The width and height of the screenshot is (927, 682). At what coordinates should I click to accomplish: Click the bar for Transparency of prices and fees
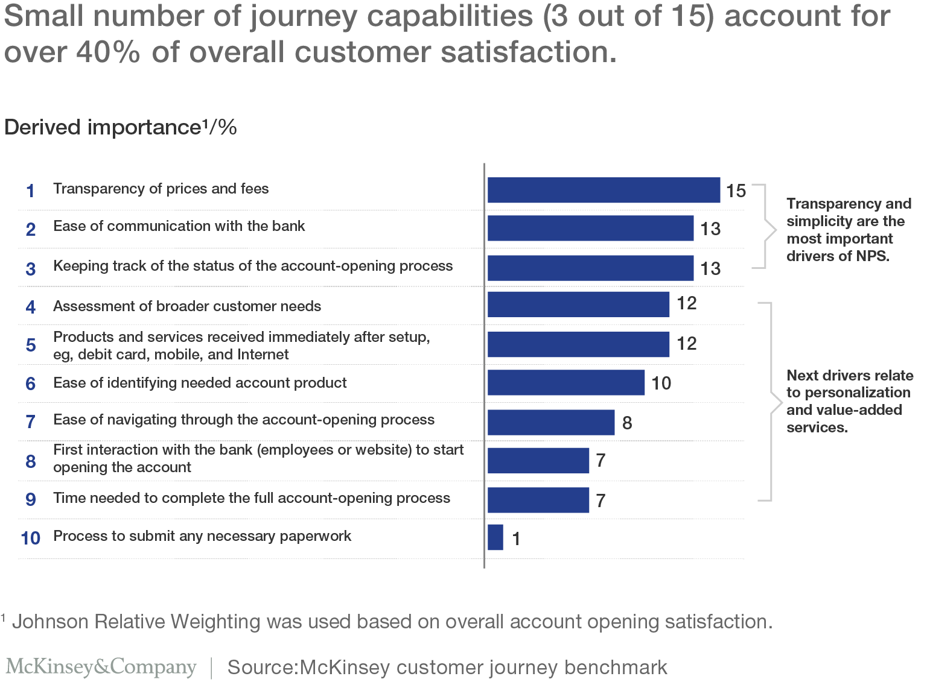(604, 190)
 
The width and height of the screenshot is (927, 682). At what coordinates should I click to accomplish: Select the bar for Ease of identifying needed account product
(565, 382)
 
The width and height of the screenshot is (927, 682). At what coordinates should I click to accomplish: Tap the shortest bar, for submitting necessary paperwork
(495, 537)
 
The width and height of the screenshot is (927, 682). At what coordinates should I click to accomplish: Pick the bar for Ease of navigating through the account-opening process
(550, 422)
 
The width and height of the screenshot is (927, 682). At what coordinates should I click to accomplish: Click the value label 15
(736, 191)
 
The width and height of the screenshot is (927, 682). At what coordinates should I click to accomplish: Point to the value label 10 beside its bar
(661, 383)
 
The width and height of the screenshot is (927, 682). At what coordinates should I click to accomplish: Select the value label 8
(627, 423)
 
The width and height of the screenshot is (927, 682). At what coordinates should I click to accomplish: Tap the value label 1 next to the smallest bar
(516, 538)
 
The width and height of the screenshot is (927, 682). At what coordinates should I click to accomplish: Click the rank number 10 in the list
(30, 538)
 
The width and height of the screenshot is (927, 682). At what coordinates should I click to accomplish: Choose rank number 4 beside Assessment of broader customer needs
(30, 308)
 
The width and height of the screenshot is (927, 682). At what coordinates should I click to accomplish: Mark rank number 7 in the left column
(30, 422)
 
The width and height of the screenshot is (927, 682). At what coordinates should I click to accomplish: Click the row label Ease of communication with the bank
(179, 226)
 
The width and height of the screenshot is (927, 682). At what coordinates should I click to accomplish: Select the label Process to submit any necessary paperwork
(202, 536)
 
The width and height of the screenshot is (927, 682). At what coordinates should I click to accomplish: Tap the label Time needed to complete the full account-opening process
(252, 498)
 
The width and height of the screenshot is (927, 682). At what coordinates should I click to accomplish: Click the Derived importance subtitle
(120, 127)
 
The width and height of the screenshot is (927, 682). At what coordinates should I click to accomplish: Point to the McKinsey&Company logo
(101, 667)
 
